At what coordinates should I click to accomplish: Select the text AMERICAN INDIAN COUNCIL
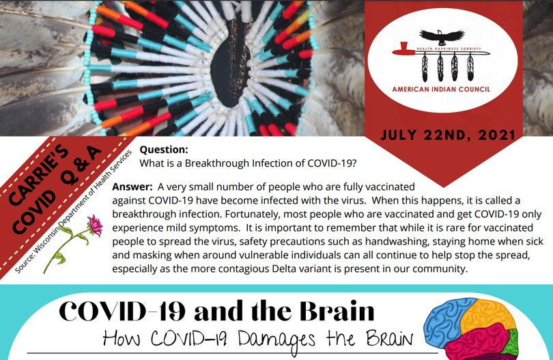click(441, 89)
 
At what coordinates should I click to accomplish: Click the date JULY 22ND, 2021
click(448, 135)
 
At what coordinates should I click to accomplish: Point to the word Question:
click(164, 150)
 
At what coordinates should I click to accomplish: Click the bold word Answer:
click(132, 186)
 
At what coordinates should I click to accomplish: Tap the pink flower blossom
click(94, 225)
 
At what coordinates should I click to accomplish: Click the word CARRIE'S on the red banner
click(38, 175)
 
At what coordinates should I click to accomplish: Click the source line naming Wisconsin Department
click(73, 211)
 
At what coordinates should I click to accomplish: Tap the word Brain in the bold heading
click(337, 311)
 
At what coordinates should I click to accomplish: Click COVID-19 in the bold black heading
click(122, 311)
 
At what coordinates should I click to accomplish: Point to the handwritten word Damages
click(276, 339)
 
